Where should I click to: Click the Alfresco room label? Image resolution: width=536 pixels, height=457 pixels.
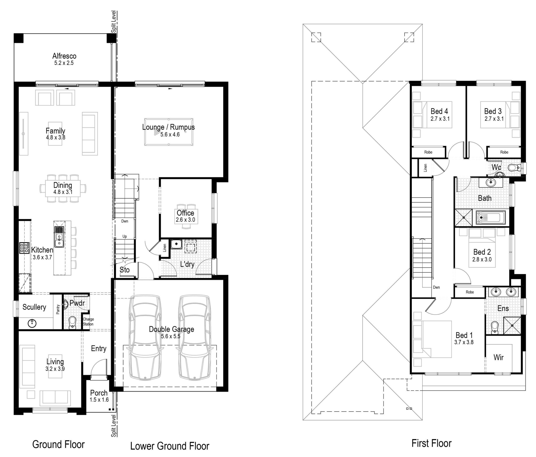[64, 56]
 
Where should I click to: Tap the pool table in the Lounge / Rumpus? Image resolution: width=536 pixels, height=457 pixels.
[169, 132]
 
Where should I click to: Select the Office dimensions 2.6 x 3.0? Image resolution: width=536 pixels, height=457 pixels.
[186, 220]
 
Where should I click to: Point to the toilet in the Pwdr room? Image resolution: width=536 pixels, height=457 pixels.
[72, 323]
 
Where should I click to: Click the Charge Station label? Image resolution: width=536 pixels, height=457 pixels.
[88, 322]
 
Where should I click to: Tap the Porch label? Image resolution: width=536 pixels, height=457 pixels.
[99, 393]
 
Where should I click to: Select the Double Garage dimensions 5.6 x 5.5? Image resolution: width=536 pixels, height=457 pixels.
[170, 336]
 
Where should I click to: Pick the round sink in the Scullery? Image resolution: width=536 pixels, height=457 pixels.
[32, 323]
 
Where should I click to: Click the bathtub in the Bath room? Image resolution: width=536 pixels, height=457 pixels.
[491, 218]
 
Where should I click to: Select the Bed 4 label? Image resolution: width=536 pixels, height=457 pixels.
[439, 111]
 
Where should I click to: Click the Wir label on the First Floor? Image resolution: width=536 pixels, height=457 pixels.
[499, 357]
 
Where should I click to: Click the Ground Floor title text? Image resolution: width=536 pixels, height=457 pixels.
[58, 444]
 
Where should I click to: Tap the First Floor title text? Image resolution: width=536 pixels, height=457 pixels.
[432, 443]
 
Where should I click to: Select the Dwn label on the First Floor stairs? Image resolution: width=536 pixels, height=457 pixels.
[436, 287]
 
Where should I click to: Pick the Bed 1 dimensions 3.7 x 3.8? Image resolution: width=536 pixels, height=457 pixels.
[464, 342]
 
